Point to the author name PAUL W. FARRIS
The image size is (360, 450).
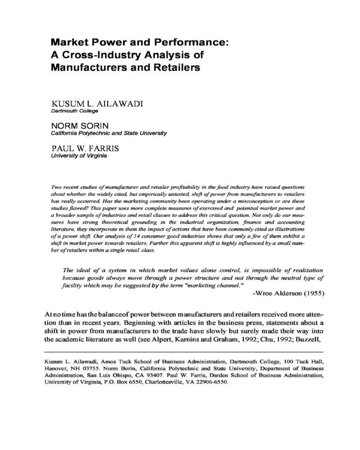tap(85, 149)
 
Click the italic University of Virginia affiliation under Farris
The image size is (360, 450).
tap(79, 156)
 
